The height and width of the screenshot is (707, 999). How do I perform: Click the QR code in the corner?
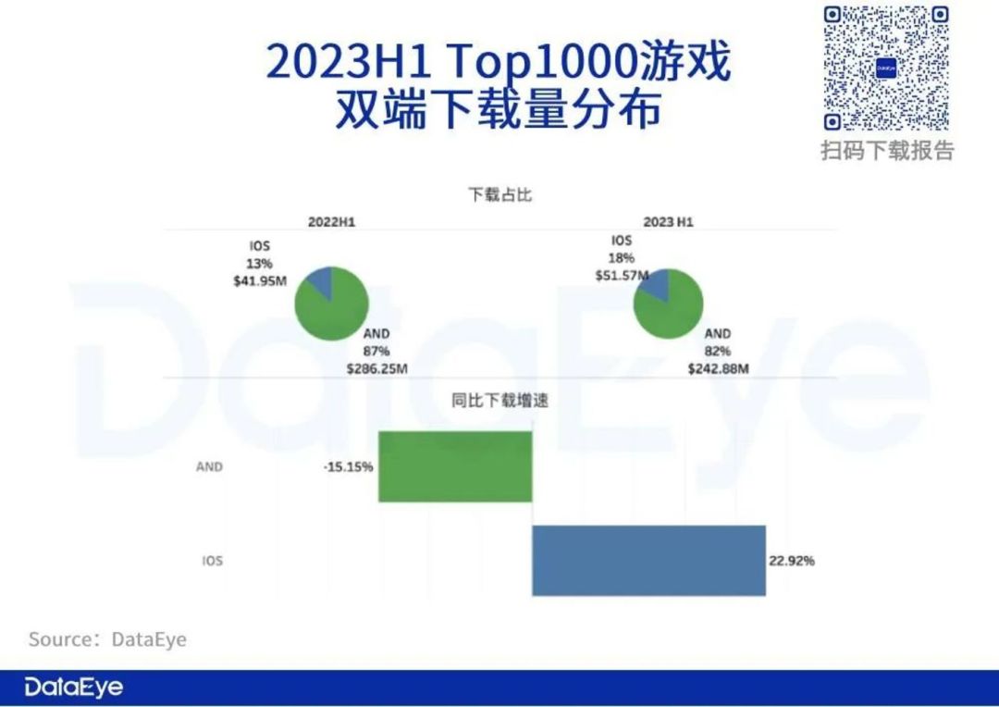pyautogui.click(x=887, y=68)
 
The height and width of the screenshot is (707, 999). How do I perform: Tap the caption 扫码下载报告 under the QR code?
pyautogui.click(x=887, y=150)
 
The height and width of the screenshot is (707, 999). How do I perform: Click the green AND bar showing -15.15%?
pyautogui.click(x=455, y=466)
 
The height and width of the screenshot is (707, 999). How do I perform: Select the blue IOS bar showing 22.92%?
pyautogui.click(x=648, y=561)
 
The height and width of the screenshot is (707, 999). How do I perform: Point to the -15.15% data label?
pyautogui.click(x=349, y=466)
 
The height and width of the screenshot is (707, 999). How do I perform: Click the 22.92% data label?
pyautogui.click(x=791, y=561)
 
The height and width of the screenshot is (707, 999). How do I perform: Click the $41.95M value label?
pyautogui.click(x=260, y=280)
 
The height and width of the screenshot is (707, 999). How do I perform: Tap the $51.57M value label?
pyautogui.click(x=622, y=275)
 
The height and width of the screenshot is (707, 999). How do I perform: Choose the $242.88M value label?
pyautogui.click(x=718, y=367)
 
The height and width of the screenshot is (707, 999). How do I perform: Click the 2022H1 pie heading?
pyautogui.click(x=332, y=222)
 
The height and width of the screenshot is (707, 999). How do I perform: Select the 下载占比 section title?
pyautogui.click(x=500, y=195)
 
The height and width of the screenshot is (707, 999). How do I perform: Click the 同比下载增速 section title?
pyautogui.click(x=500, y=401)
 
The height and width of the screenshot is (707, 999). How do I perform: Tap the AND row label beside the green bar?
pyautogui.click(x=209, y=466)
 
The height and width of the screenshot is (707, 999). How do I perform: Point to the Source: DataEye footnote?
pyautogui.click(x=107, y=639)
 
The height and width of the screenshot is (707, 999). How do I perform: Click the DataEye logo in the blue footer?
pyautogui.click(x=74, y=688)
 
